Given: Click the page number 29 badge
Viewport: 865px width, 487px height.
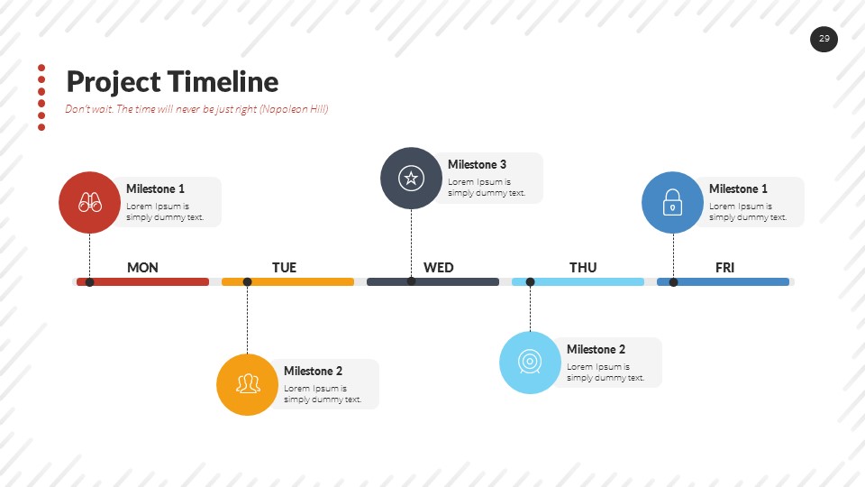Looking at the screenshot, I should coord(824,39).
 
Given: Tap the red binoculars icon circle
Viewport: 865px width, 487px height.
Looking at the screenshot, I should coord(89,202).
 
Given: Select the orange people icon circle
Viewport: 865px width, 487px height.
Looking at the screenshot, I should coord(247,385).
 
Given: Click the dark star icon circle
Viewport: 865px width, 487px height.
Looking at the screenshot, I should coord(411,178).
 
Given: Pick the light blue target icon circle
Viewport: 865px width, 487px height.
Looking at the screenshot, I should coord(530,363).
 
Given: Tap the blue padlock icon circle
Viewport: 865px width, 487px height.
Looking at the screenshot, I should coord(672,203).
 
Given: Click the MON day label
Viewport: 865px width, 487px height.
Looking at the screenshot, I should coord(142,267).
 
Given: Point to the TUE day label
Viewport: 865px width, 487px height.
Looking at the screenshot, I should coord(284,267).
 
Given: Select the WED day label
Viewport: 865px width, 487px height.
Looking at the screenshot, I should coord(439,267).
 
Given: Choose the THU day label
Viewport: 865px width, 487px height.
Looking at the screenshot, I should coord(583,267).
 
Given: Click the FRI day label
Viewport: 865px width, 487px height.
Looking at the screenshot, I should coord(725,267).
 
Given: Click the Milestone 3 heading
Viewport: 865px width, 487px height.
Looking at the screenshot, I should coord(477,164).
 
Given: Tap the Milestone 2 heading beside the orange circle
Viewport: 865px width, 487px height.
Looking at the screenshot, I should coord(313,371).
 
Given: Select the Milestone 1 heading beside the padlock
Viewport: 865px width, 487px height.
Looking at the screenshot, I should coord(738,188).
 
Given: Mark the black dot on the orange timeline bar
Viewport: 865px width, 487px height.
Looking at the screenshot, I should coord(247,282).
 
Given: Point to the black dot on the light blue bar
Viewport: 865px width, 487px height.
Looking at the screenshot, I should coord(530,282).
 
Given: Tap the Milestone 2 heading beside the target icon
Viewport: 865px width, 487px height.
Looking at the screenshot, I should coord(596,349).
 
